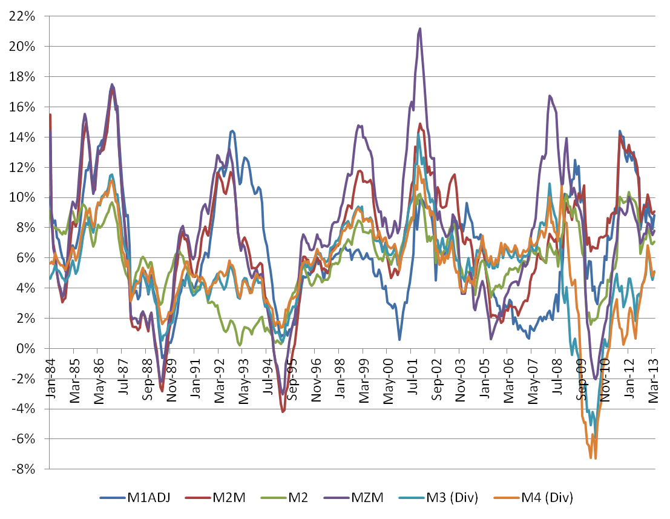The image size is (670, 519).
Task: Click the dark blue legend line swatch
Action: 113,498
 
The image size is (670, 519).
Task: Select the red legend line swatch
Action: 198,498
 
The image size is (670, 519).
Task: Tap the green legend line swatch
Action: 274,498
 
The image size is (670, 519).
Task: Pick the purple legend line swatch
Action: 336,498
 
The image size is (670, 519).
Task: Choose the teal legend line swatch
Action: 412,498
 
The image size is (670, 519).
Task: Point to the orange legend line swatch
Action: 507,498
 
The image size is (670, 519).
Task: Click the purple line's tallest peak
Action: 419,28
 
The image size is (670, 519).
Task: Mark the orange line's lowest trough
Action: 596,458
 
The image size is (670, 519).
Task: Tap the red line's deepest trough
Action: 283,412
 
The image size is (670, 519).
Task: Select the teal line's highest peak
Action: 418,133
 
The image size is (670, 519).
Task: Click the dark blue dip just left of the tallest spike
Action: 399,339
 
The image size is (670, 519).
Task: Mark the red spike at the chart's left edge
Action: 51,114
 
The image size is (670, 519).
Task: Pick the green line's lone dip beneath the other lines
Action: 240,344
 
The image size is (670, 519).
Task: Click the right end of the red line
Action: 654,211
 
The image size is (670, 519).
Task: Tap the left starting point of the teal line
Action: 50,279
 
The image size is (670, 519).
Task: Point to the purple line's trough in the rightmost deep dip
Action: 596,379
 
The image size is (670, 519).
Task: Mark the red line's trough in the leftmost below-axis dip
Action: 162,391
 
